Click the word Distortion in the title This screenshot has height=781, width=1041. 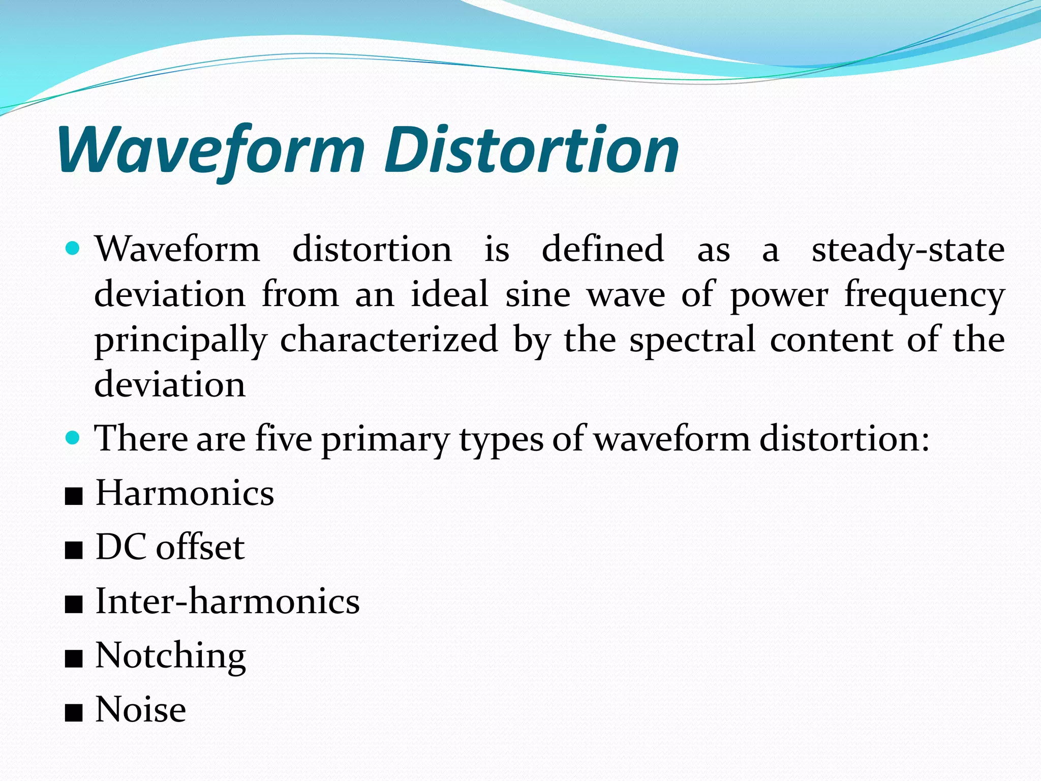tap(532, 150)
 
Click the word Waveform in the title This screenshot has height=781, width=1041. tap(211, 151)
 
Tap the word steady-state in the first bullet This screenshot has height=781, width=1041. tap(908, 250)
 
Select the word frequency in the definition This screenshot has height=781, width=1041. tap(925, 295)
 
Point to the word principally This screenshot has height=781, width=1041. tap(180, 340)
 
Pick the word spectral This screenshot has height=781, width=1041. tap(692, 340)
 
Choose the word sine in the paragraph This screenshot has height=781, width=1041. tap(538, 295)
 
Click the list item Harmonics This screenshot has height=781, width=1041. tap(185, 493)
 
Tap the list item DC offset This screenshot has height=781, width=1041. tap(170, 547)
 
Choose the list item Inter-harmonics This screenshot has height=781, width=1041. tap(228, 601)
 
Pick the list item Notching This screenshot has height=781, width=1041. tap(171, 656)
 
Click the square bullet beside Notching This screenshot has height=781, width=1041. tap(74, 659)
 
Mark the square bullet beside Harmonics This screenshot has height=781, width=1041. tap(74, 496)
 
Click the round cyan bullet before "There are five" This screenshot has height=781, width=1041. tap(73, 437)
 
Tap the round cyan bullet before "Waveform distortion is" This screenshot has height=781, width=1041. tap(73, 249)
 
